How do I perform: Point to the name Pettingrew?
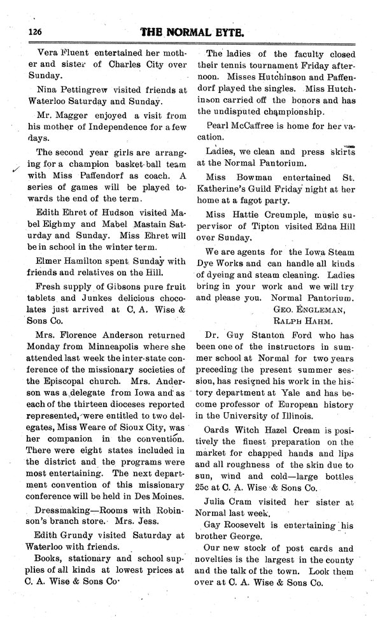click(x=90, y=89)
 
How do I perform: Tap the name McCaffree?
click(x=260, y=126)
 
